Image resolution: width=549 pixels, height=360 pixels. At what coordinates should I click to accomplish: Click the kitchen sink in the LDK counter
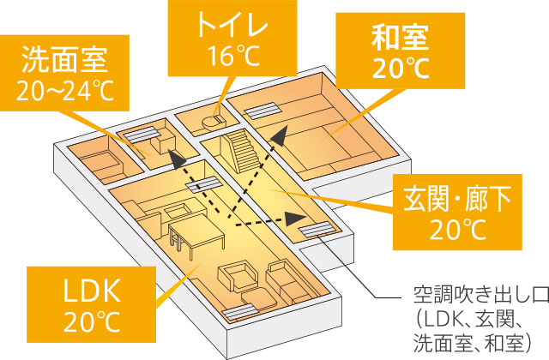[x=180, y=209]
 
